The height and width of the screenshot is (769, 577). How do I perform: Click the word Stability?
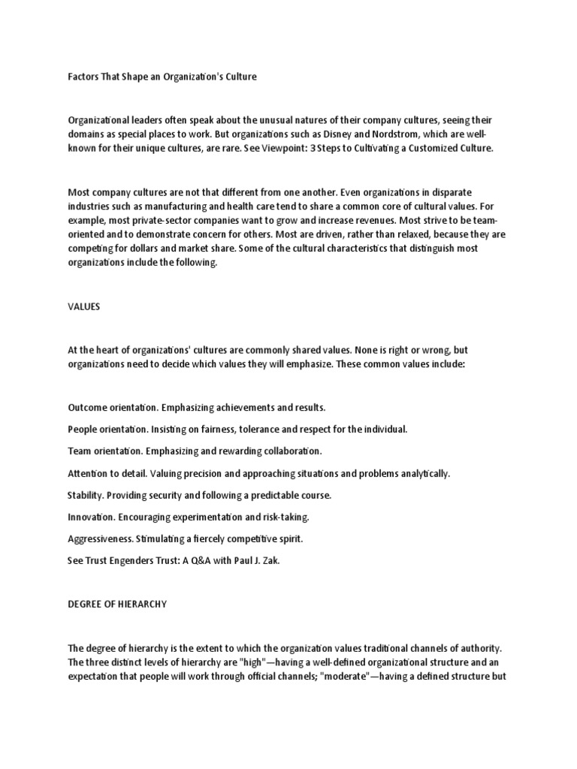86,496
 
